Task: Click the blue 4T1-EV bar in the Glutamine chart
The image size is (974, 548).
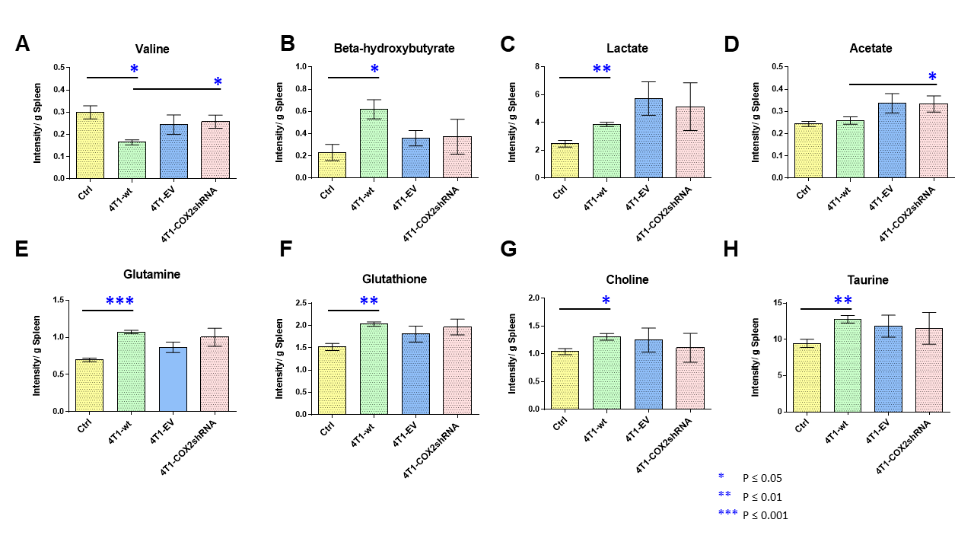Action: [173, 380]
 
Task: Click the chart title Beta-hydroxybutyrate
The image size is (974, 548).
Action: [394, 49]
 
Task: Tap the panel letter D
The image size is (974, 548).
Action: [731, 44]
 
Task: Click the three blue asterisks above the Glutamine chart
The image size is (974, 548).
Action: [120, 302]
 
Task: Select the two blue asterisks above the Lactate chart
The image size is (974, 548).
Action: [601, 70]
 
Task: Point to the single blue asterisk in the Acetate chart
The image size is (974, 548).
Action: [933, 77]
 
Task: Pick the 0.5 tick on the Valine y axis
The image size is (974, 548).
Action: [59, 67]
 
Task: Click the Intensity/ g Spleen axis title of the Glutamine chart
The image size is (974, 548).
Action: [36, 355]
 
